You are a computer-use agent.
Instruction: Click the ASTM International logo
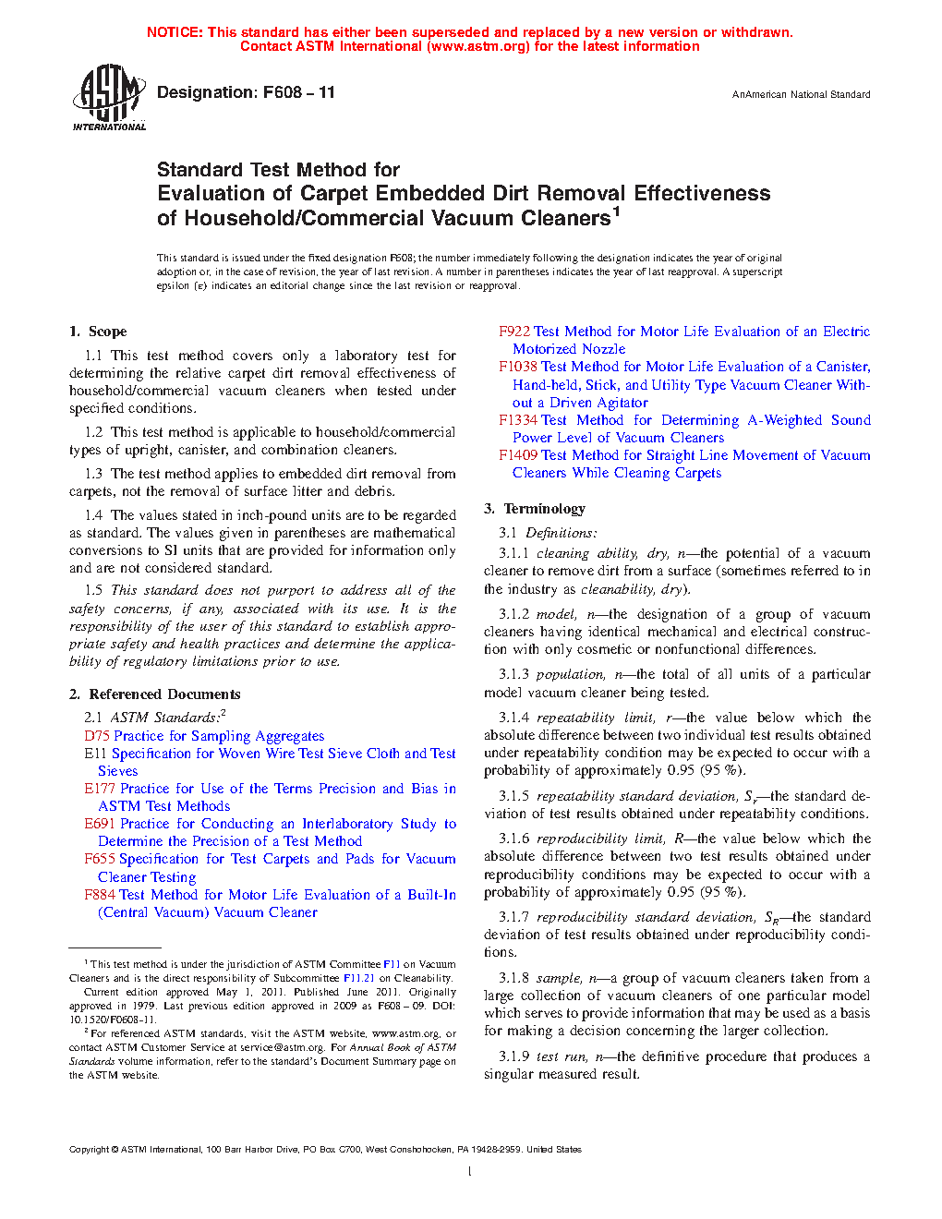point(108,97)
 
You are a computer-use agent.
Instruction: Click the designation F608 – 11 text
point(246,92)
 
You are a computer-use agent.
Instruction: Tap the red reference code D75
point(96,736)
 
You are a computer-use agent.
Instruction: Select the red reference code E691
point(100,824)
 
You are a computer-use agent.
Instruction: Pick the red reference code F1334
point(518,420)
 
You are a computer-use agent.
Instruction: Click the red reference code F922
point(513,332)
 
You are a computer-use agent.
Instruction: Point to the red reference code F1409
point(518,455)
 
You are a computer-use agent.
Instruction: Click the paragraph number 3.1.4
point(513,718)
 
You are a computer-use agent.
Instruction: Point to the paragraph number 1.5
point(93,590)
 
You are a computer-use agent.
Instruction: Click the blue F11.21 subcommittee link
point(358,978)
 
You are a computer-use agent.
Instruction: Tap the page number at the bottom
point(470,1172)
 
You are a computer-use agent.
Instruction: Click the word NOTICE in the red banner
point(175,32)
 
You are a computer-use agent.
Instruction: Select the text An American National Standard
point(801,94)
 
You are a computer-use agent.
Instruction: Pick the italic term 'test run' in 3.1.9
point(561,1056)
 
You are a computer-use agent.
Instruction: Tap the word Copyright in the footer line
point(89,1150)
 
